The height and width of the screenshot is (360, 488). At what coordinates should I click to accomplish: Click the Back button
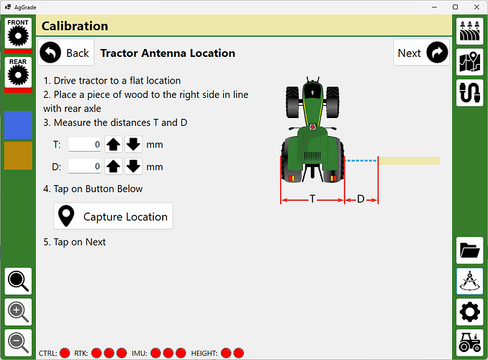point(66,53)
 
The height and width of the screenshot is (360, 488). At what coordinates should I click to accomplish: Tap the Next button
point(421,53)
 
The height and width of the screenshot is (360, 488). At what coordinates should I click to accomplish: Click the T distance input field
point(85,145)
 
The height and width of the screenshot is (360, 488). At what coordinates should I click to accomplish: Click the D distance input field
point(85,166)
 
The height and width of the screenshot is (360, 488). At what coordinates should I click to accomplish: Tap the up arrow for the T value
point(113,145)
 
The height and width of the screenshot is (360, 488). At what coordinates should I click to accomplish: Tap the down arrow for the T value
point(133,145)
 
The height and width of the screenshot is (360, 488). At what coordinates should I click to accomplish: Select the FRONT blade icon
point(18,33)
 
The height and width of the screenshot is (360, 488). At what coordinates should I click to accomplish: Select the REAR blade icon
point(18,72)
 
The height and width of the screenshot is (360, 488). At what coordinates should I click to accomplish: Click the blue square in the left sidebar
point(18,125)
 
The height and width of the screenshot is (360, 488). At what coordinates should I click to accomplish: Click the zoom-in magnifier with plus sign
point(18,312)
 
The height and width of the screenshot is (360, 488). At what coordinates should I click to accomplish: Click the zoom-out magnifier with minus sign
point(18,343)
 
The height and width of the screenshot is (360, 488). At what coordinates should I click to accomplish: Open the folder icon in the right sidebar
point(469,251)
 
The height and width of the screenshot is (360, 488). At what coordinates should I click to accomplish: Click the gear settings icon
point(469,312)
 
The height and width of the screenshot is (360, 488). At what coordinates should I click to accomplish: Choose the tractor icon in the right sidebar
point(469,343)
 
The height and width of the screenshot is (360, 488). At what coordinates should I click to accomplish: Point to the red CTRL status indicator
point(65,353)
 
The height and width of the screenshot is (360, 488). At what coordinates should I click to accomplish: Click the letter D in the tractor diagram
point(361,199)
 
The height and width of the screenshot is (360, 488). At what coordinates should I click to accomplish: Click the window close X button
point(476,7)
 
